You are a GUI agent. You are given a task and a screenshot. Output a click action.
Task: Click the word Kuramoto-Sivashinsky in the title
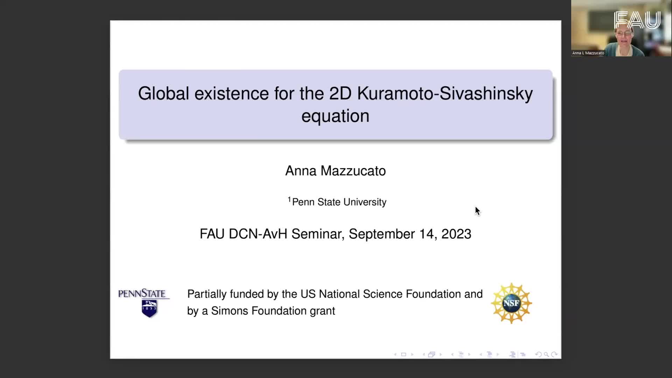[445, 94]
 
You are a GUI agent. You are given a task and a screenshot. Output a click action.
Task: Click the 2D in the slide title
[340, 93]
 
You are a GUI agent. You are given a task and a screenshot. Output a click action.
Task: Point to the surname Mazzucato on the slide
[353, 171]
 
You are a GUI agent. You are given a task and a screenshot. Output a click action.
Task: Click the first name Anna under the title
[301, 171]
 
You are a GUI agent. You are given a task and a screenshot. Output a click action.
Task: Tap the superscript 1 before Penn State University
[289, 199]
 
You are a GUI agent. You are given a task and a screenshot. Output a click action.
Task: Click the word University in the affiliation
[365, 202]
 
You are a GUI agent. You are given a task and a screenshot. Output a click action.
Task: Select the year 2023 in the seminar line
[456, 234]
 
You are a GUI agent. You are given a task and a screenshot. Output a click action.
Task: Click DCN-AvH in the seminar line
[258, 234]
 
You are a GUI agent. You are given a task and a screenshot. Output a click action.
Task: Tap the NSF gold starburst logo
[511, 303]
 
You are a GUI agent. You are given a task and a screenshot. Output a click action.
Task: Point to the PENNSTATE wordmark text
[142, 293]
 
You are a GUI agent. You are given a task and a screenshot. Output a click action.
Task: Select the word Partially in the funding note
[207, 294]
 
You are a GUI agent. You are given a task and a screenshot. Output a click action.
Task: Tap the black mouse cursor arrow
[477, 211]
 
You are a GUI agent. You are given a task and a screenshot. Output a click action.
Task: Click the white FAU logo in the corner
[637, 20]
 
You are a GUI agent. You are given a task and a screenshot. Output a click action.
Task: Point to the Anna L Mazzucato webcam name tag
[588, 53]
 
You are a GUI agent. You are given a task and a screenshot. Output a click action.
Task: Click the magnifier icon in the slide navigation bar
[546, 355]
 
